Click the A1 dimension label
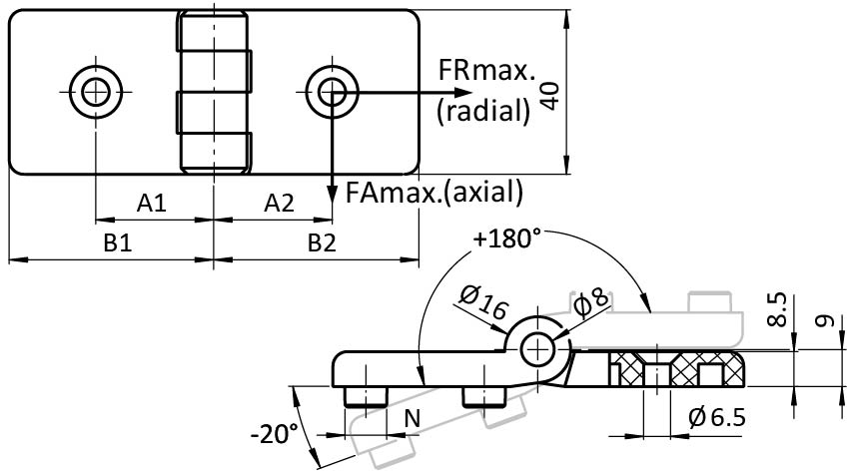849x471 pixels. pos(152,204)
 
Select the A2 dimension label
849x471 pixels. pos(279,204)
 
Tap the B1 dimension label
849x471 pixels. pos(119,242)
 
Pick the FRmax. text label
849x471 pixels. pos(486,72)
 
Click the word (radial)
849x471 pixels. pos(482,110)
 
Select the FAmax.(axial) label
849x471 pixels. pos(432,190)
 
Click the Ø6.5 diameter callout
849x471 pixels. pos(716,417)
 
